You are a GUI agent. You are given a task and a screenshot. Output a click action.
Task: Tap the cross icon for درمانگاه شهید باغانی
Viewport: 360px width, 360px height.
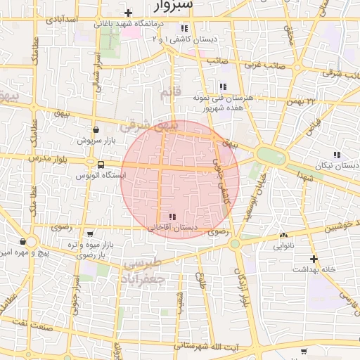(x=128, y=13)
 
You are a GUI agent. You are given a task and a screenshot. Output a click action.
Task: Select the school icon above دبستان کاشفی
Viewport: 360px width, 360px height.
(x=184, y=29)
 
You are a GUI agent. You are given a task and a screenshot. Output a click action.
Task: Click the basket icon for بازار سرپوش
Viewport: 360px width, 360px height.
(x=96, y=130)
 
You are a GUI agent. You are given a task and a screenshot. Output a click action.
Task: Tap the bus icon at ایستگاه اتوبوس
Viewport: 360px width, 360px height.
(x=101, y=165)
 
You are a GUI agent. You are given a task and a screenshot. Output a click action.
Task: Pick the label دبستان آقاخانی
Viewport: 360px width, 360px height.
(x=171, y=228)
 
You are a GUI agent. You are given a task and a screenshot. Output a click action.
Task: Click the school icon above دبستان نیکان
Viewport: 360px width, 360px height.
(x=337, y=155)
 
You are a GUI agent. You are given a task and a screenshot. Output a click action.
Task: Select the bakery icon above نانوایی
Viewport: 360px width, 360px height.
(x=283, y=236)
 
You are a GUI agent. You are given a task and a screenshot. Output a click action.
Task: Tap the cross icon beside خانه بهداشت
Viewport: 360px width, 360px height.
(x=314, y=259)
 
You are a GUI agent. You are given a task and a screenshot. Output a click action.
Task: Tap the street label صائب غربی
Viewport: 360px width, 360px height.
(x=264, y=65)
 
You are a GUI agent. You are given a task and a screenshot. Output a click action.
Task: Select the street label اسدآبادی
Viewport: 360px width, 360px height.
(x=60, y=20)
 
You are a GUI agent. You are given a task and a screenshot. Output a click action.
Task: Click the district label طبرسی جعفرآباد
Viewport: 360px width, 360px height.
(x=143, y=271)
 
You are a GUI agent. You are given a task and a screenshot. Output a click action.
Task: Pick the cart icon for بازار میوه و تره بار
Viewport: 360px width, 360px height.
(x=89, y=233)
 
